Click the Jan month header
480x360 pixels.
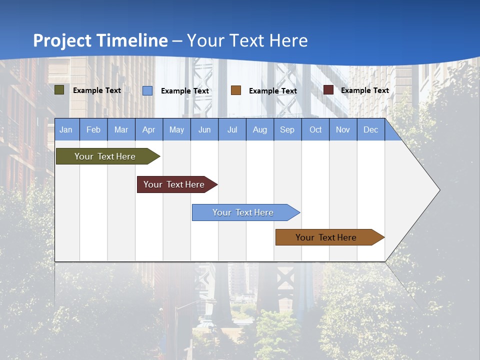click(66, 129)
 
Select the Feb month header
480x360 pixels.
click(93, 129)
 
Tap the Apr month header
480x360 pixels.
click(148, 129)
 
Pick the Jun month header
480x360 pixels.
click(204, 129)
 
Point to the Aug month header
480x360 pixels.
click(259, 129)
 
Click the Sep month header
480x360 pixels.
click(287, 129)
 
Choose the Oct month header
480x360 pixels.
click(315, 129)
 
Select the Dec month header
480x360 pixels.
click(370, 129)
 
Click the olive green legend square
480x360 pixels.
click(59, 90)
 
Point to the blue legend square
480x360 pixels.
click(147, 90)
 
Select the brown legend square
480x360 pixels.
click(236, 90)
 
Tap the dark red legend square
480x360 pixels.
click(328, 90)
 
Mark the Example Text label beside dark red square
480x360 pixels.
click(364, 90)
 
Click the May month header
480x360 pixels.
click(176, 129)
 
